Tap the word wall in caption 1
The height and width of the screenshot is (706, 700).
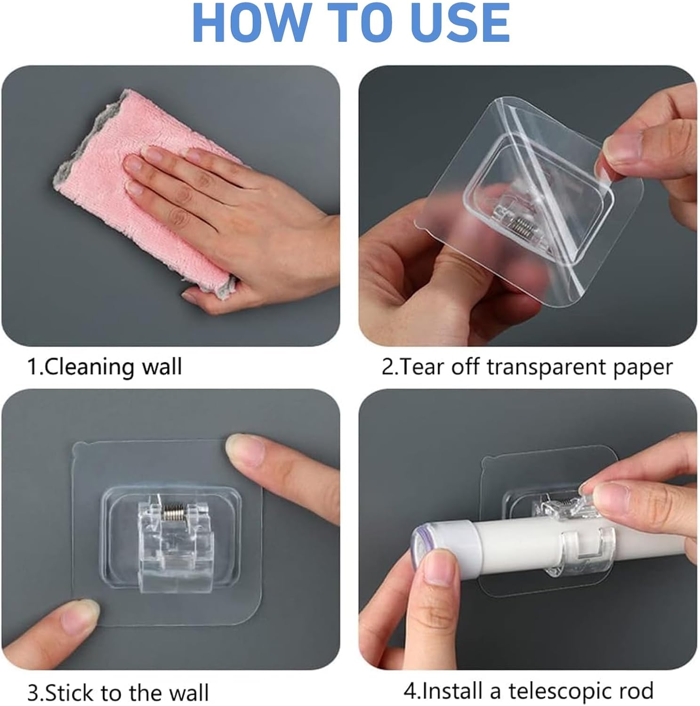(162, 367)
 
